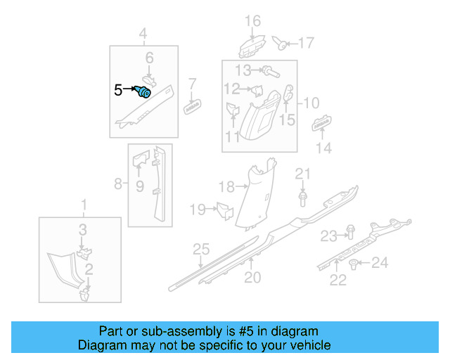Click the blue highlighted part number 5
click(145, 91)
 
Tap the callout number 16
click(252, 20)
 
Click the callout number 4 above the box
click(143, 34)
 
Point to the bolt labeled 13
click(269, 70)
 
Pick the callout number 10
click(311, 103)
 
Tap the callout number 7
click(192, 84)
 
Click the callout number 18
click(226, 186)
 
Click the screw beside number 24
click(354, 264)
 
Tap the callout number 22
click(338, 281)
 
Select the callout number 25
click(202, 250)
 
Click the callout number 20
click(252, 278)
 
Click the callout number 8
click(118, 185)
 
